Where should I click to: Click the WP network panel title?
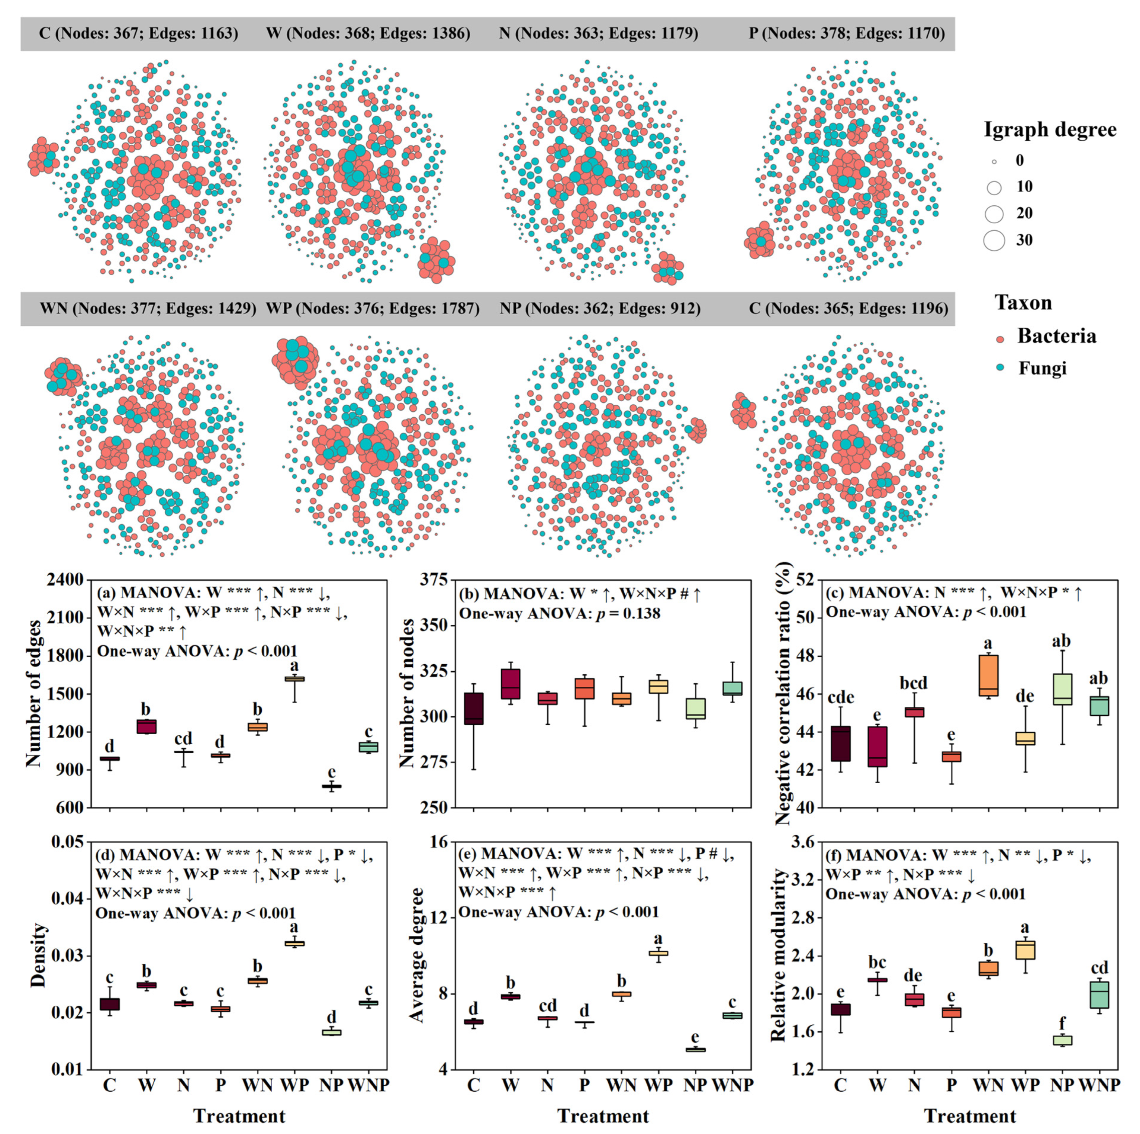[372, 308]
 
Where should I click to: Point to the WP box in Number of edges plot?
[294, 679]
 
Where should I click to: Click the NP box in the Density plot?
[332, 1032]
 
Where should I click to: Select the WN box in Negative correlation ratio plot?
[988, 675]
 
